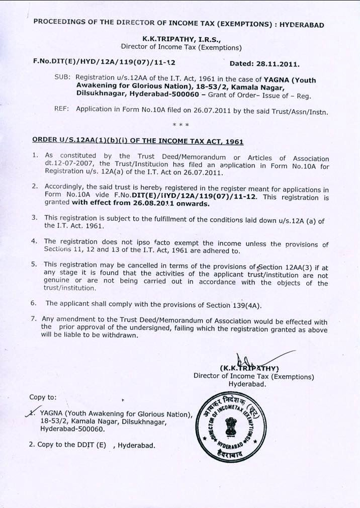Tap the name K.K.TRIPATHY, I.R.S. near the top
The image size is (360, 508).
181,38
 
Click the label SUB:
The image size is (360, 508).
62,78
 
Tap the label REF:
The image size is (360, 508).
62,110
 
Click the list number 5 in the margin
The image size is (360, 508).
34,264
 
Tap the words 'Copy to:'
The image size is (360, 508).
43,397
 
